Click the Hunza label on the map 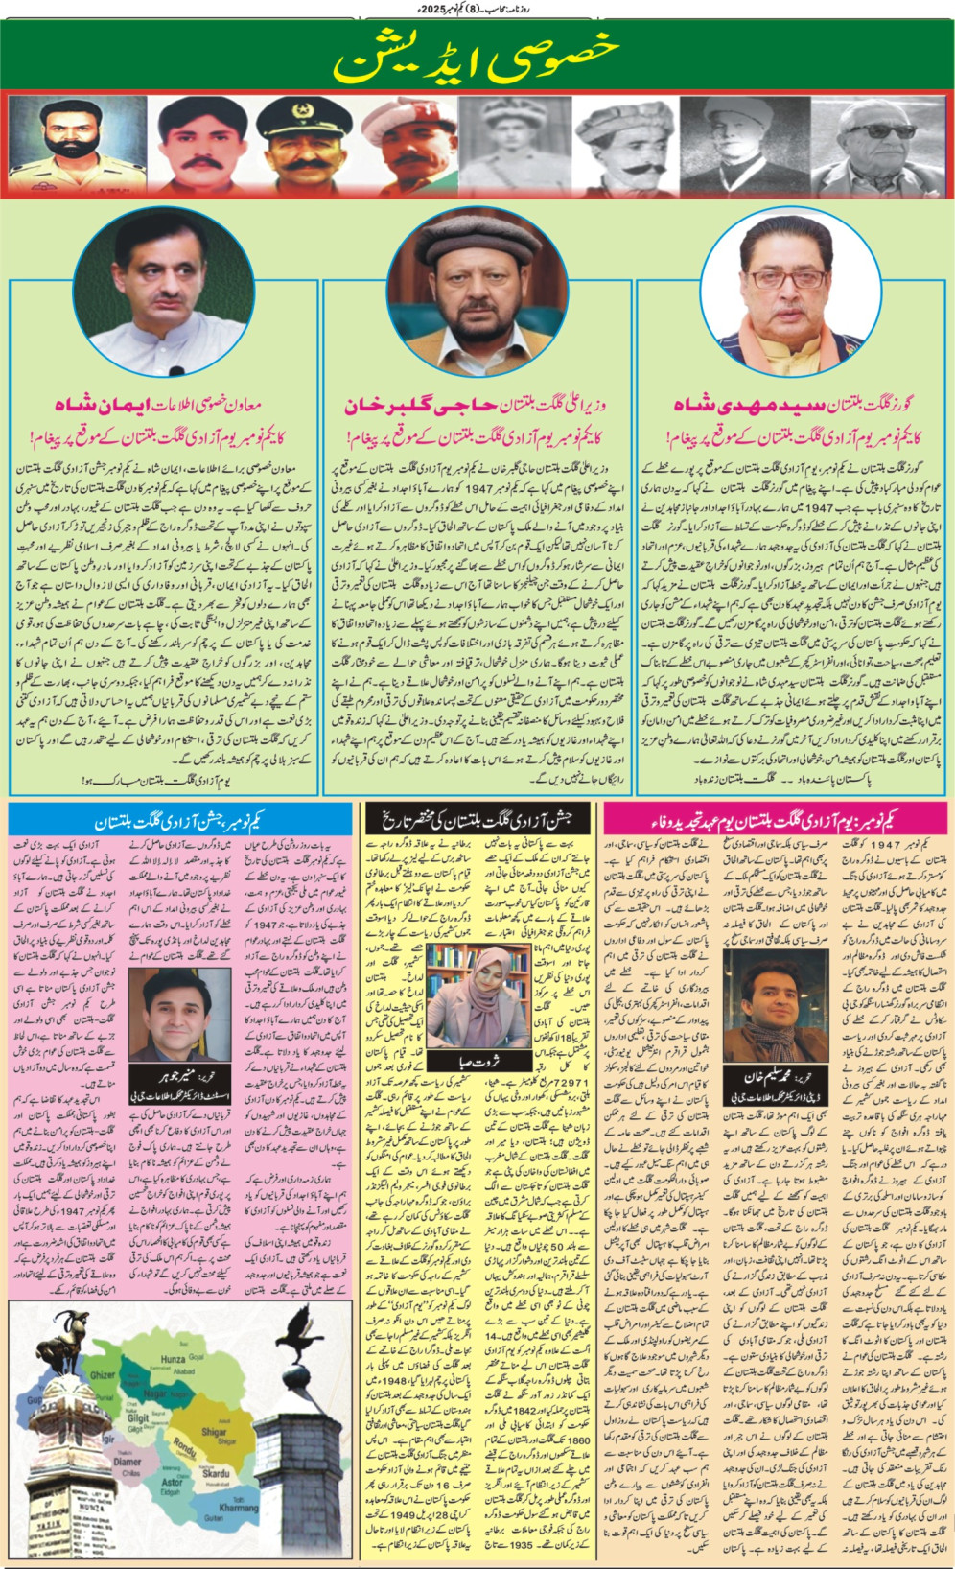pos(173,1359)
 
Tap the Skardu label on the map pos(215,1472)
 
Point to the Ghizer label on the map pos(104,1374)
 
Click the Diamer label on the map pos(127,1463)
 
